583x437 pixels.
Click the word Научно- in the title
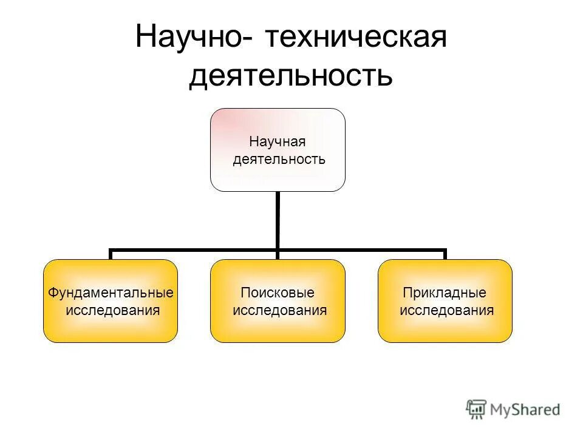click(x=190, y=38)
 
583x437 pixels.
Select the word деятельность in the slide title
click(x=291, y=77)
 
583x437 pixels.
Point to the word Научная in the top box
click(x=278, y=143)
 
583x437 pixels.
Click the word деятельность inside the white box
click(x=280, y=160)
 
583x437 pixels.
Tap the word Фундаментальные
click(x=111, y=293)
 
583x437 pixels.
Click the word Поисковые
click(x=278, y=293)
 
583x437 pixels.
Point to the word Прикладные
click(x=445, y=293)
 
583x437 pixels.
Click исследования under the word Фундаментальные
click(x=113, y=311)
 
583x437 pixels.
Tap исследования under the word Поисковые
click(x=280, y=311)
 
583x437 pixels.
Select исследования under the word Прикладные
click(x=447, y=311)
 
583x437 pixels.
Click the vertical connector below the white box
click(x=278, y=218)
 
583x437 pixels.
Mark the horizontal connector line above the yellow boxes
click(x=194, y=249)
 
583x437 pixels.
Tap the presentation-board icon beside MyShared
click(x=477, y=410)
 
